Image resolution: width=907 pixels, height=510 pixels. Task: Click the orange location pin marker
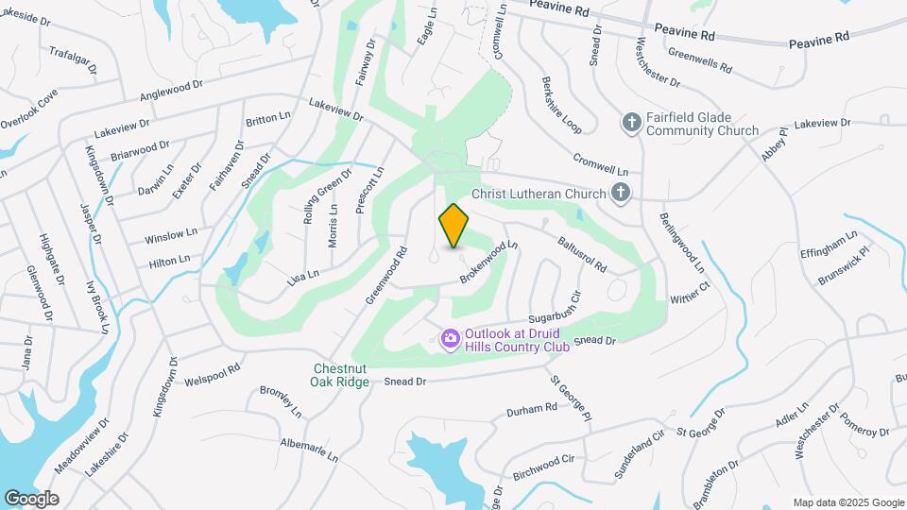[454, 224]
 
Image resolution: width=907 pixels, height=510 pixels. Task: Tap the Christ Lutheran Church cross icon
[620, 194]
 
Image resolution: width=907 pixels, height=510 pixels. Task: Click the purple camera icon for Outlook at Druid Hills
[450, 337]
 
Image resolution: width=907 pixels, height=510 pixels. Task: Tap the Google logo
[31, 499]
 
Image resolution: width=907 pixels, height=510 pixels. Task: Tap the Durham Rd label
[532, 409]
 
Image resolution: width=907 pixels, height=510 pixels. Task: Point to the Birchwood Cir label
[542, 466]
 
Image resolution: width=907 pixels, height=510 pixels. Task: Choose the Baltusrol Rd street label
[581, 254]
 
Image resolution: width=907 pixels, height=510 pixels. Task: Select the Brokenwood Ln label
[489, 262]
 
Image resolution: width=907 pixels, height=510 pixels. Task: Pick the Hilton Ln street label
[170, 259]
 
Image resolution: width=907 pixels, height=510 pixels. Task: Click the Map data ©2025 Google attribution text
[848, 502]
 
